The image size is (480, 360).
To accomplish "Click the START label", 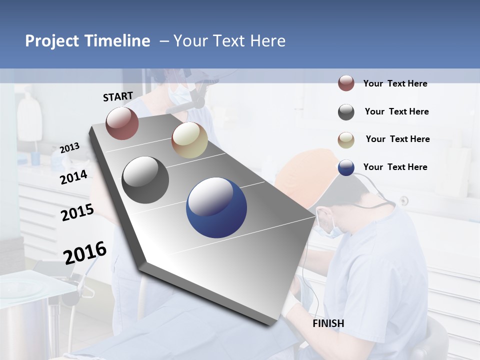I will [118, 96].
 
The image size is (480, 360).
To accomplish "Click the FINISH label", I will [328, 323].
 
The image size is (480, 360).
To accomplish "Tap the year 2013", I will [69, 148].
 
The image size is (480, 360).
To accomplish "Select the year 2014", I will [73, 177].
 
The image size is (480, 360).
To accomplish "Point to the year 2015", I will [77, 212].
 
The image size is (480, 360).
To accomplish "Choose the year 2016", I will [85, 253].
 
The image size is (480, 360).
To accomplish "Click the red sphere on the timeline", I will [122, 123].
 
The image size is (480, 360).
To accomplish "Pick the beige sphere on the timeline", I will [189, 140].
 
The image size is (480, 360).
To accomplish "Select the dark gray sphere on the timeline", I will [145, 180].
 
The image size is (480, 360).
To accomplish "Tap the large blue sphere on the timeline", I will [216, 207].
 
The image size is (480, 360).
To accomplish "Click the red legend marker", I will [346, 83].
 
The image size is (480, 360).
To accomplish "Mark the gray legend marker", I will [346, 112].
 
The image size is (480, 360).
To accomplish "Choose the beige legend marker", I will [346, 140].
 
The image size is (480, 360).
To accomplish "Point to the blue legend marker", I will [346, 167].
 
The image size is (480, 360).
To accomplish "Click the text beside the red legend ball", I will [395, 84].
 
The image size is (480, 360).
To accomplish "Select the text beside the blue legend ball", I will [395, 167].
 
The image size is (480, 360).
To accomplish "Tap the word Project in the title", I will [51, 41].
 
